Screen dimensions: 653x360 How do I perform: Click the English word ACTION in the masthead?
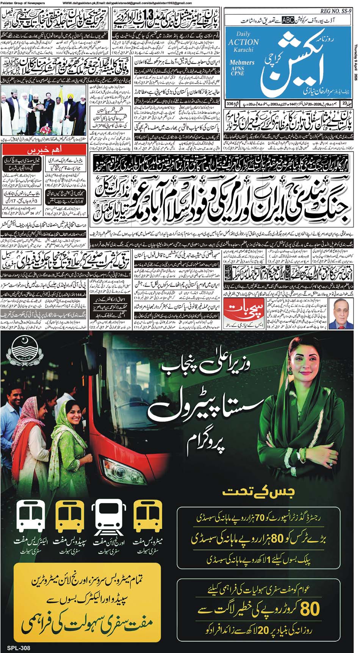243,42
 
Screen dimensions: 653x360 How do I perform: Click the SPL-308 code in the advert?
18,648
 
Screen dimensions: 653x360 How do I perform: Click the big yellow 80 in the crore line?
310,609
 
